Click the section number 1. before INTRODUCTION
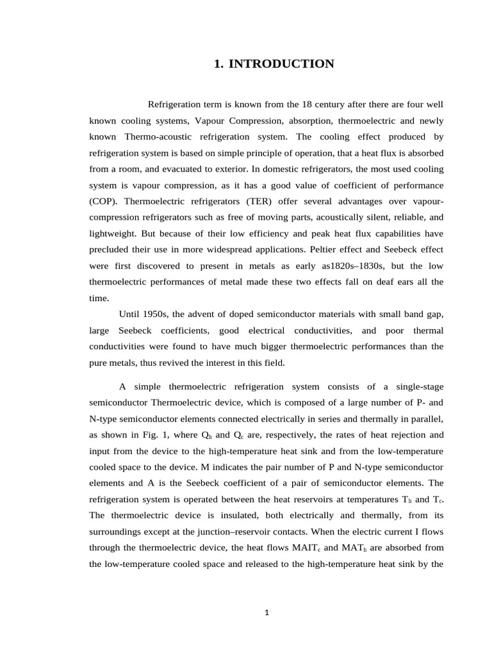coord(218,63)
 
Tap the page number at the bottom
coord(266,612)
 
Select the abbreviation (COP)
coord(103,201)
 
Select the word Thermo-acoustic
coord(154,137)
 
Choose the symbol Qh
coord(207,435)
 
